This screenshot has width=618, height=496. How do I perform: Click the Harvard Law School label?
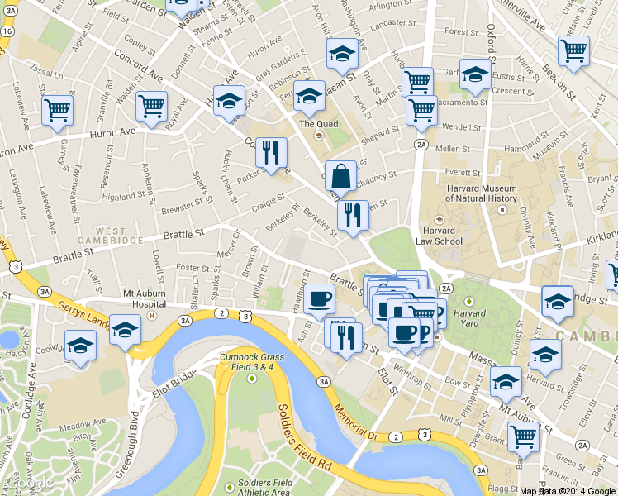click(x=439, y=236)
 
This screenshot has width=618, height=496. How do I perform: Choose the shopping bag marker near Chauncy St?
click(x=340, y=176)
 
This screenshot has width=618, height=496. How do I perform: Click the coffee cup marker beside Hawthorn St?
click(x=319, y=299)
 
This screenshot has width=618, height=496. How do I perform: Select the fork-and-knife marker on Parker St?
click(x=271, y=152)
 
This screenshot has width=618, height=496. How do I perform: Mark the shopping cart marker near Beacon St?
click(x=573, y=51)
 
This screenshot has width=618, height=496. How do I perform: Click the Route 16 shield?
click(x=7, y=31)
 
